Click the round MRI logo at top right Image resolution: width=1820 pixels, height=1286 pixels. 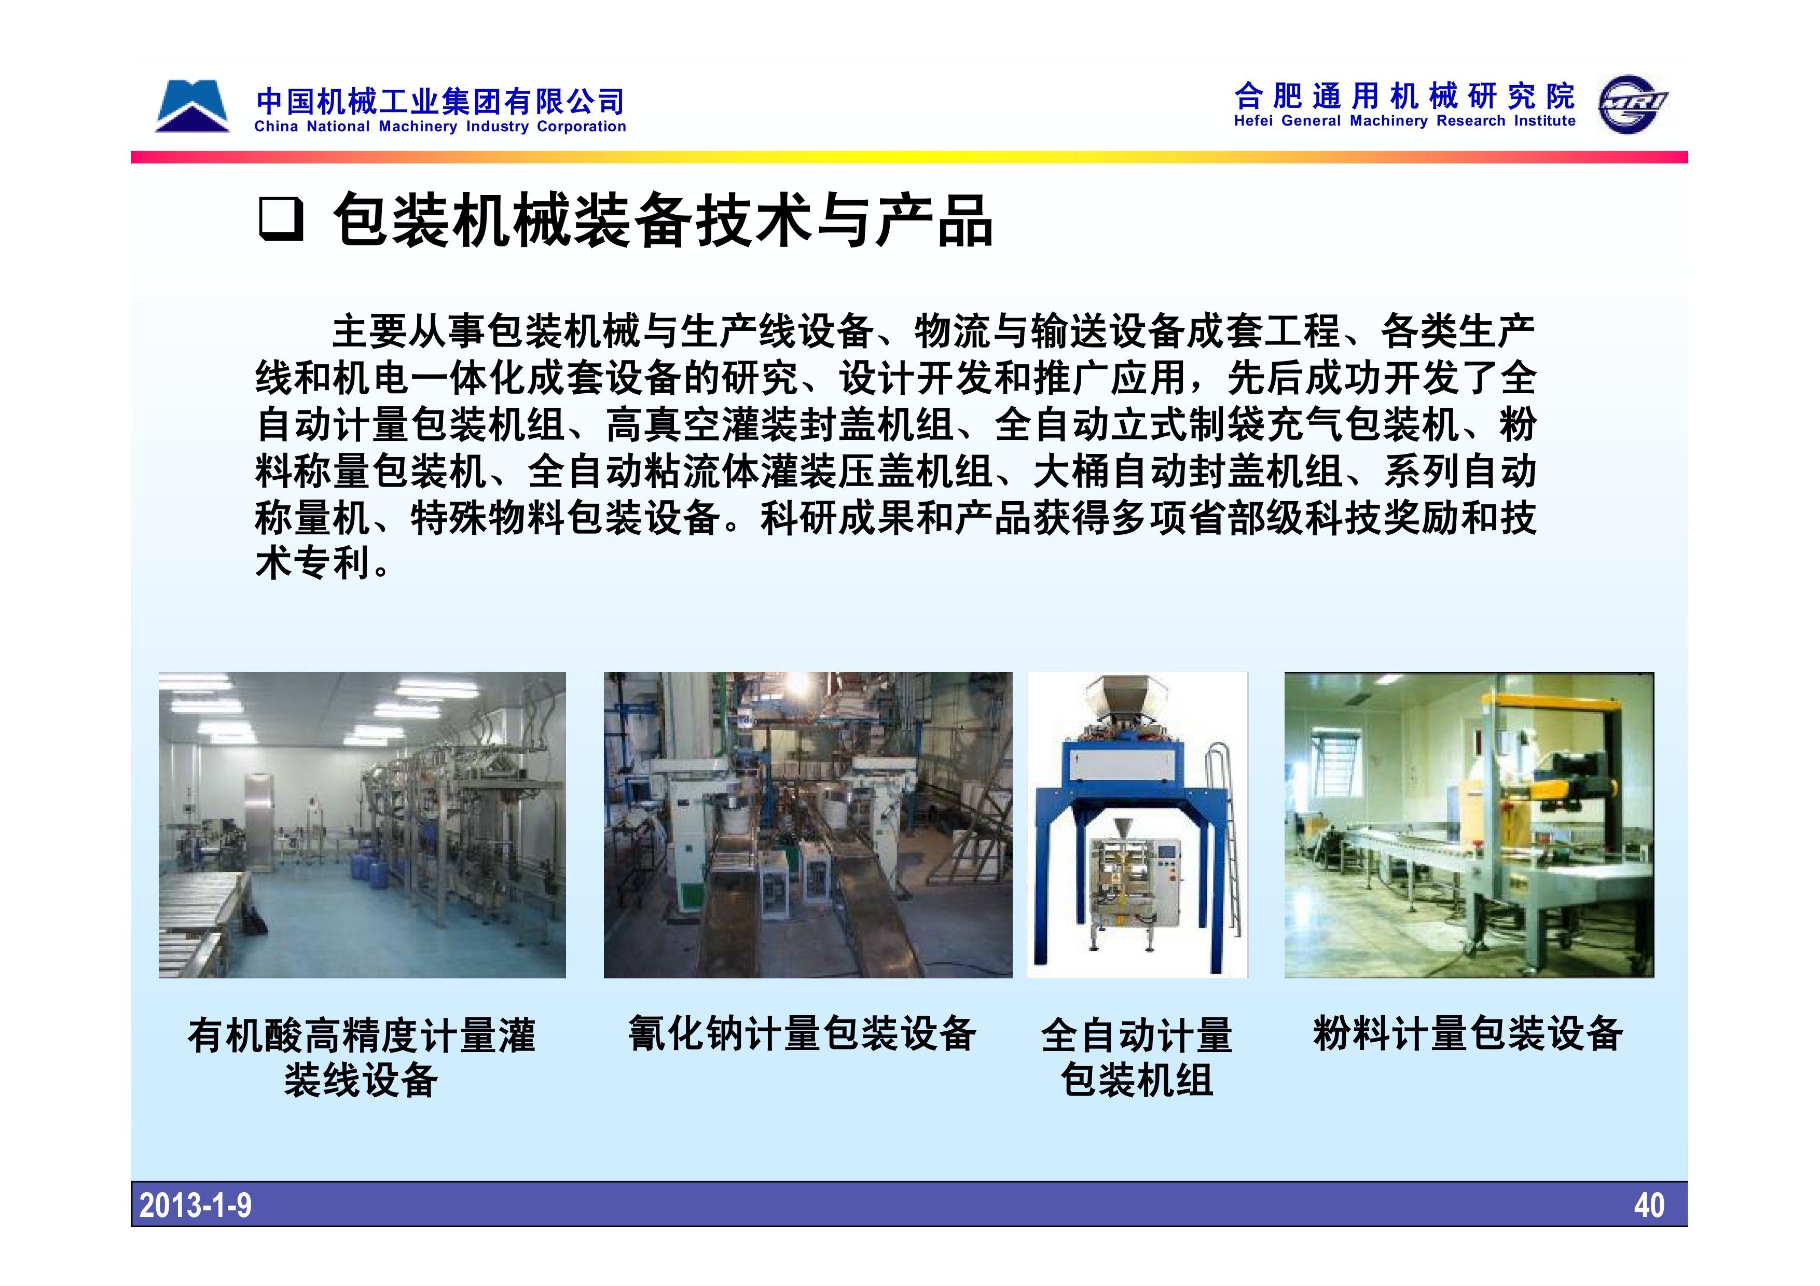click(x=1632, y=105)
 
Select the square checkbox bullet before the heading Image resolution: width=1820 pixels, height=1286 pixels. click(x=281, y=219)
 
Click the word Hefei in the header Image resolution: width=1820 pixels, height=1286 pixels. click(x=1254, y=121)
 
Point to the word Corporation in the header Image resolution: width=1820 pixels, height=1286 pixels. click(x=581, y=127)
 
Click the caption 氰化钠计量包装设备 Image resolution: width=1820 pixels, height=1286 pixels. click(x=802, y=1033)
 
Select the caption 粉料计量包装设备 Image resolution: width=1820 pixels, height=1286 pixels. click(x=1468, y=1033)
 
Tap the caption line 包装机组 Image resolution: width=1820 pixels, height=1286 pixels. click(x=1137, y=1080)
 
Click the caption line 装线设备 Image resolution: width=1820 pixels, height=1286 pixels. click(x=361, y=1080)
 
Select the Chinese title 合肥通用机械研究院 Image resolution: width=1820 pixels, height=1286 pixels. click(x=1404, y=96)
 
